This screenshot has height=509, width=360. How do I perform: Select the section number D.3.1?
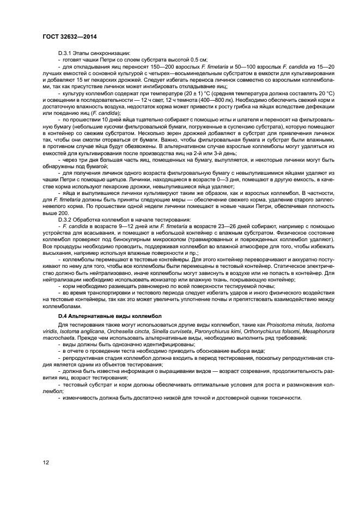click(x=66, y=52)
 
